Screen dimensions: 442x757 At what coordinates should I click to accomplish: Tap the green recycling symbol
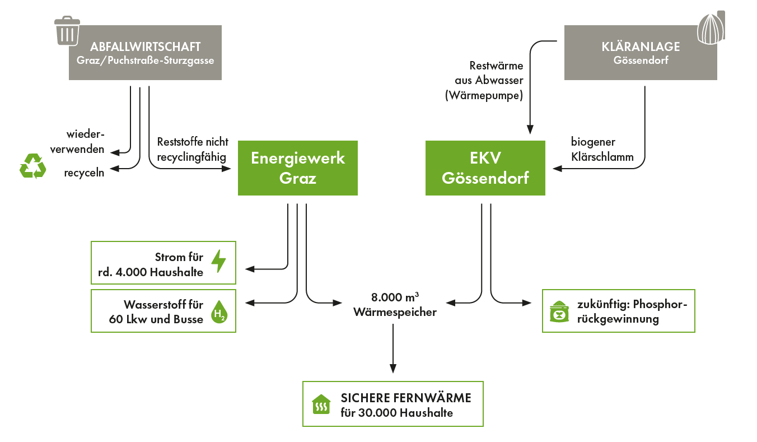(x=33, y=166)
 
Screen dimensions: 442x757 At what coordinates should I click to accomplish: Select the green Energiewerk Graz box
(x=297, y=168)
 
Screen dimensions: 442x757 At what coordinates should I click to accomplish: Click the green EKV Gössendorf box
(x=485, y=168)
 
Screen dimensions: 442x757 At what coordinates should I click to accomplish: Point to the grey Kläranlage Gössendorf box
(x=640, y=53)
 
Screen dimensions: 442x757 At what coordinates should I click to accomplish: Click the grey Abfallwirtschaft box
(x=145, y=53)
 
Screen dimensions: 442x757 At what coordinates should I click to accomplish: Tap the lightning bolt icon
(x=218, y=260)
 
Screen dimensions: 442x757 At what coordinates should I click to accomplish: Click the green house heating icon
(x=321, y=404)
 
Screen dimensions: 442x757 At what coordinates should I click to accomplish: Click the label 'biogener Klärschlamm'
(x=602, y=150)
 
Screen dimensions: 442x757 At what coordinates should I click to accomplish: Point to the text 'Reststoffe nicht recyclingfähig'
(x=193, y=149)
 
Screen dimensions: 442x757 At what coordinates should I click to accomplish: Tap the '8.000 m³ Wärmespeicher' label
(x=395, y=305)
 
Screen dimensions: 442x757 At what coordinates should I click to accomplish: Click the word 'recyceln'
(x=84, y=173)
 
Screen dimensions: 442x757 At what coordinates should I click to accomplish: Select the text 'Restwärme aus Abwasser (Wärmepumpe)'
(x=484, y=81)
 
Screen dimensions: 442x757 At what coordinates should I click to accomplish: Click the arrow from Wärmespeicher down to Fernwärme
(x=393, y=347)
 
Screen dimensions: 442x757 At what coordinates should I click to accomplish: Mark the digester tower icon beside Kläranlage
(x=711, y=27)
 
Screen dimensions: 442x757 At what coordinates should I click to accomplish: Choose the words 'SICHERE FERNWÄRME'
(x=406, y=398)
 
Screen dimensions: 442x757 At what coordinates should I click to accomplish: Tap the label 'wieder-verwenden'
(x=85, y=142)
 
